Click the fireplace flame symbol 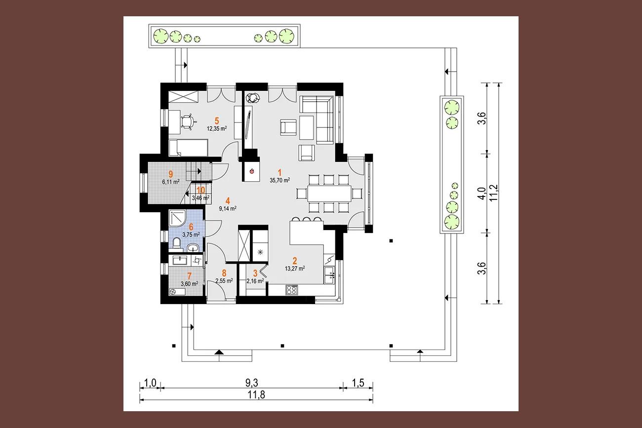pos(252,171)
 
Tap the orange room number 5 pos(217,121)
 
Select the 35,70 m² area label pos(280,180)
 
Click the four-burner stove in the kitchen pos(291,290)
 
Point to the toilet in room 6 pos(176,243)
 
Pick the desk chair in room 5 pos(188,122)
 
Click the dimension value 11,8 pos(256,395)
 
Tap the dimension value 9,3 pos(251,383)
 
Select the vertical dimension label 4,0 pos(482,194)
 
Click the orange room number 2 pos(295,261)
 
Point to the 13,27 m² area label pos(295,269)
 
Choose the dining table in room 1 pos(329,194)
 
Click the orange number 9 pos(171,174)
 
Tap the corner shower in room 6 pos(177,219)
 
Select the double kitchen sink pos(329,275)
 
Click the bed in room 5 pos(188,148)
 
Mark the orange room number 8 pos(224,273)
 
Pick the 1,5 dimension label pos(358,383)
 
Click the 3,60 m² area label pos(189,284)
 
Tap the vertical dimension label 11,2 pos(494,193)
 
